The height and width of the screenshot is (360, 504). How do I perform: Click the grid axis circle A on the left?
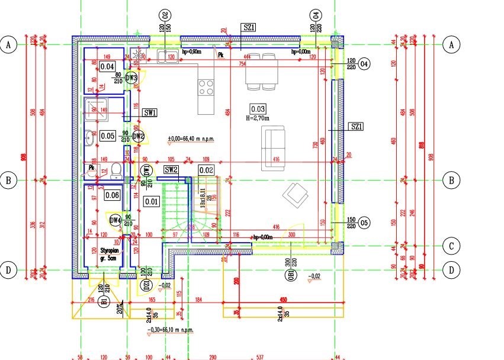tap(8, 44)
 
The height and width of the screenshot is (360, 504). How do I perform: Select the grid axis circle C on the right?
tap(451, 245)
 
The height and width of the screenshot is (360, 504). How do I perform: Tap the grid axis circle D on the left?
tap(8, 271)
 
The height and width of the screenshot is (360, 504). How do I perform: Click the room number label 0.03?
tap(258, 109)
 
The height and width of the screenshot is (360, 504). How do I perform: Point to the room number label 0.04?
tap(107, 66)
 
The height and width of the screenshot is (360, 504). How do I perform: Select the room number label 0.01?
tap(152, 201)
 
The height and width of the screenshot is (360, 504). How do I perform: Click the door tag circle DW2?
tap(138, 136)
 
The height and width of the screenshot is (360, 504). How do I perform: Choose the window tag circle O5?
tap(364, 223)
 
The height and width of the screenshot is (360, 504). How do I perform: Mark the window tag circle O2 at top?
tap(165, 15)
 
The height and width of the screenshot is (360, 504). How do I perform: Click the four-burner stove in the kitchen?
tap(206, 88)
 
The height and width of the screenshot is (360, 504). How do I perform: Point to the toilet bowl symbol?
tap(117, 171)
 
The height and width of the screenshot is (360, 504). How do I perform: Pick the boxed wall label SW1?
tap(150, 112)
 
